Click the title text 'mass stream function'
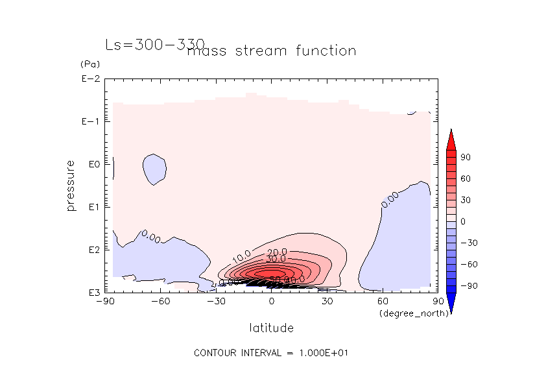pos(271,51)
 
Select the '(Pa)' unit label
pos(89,64)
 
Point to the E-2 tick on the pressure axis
pos(89,79)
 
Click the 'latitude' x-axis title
pos(271,328)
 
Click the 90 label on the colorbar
pos(466,157)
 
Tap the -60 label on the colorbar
pos(466,264)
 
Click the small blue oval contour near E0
pos(154,169)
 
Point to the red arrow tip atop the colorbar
pos(450,133)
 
